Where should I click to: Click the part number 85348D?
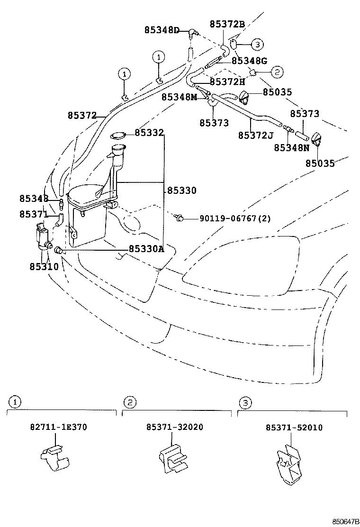162,30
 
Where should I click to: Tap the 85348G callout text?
250,61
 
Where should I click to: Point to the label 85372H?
227,82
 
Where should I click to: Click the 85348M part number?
179,97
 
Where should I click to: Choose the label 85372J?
256,136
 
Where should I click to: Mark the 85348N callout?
291,147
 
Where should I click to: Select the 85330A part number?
146,249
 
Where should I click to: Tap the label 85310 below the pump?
44,267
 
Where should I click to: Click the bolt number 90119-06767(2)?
235,218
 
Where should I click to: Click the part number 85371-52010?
294,427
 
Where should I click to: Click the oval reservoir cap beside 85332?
118,136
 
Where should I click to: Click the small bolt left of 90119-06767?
179,218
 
